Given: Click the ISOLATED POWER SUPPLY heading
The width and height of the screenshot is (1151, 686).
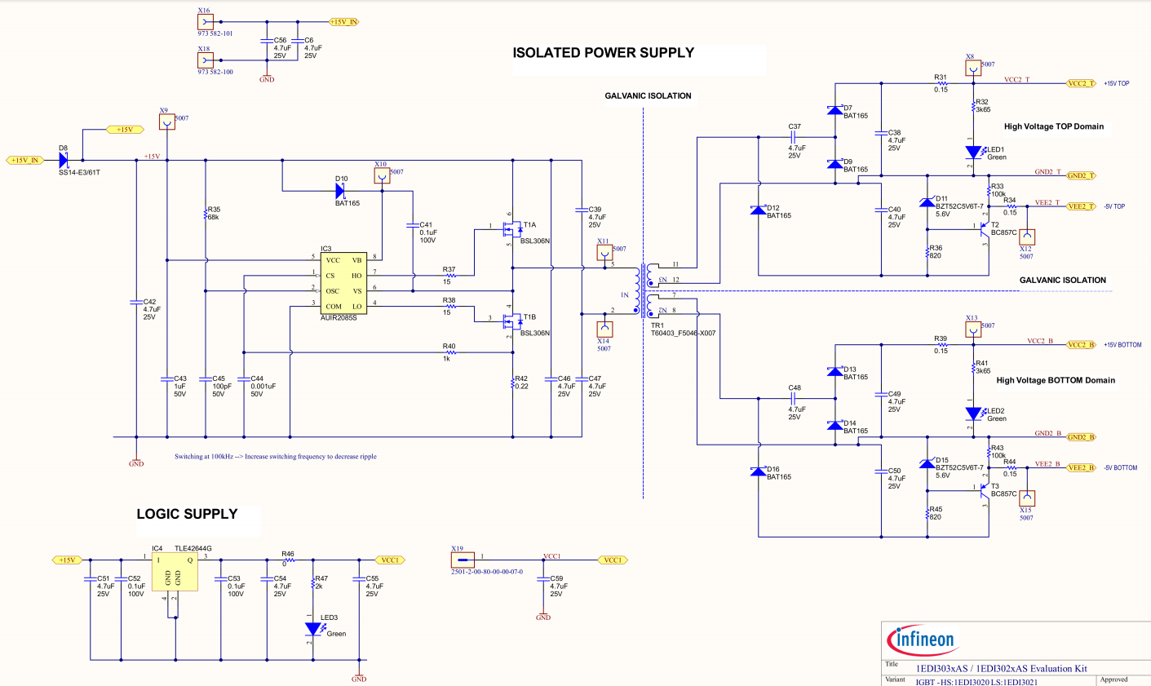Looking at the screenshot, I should (x=603, y=53).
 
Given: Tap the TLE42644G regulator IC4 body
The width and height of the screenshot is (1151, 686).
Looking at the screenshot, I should (x=175, y=572).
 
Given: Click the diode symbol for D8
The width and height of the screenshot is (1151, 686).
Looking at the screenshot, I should (x=64, y=160).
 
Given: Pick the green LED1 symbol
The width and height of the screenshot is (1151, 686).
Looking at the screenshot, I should (x=973, y=153).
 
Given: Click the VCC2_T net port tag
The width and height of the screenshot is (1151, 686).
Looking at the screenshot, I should (x=1081, y=83).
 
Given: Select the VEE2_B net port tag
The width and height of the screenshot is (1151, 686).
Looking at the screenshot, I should (x=1081, y=467).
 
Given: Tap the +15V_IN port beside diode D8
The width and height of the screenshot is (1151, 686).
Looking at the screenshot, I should (x=24, y=160).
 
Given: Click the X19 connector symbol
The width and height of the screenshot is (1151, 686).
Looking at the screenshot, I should (x=463, y=560).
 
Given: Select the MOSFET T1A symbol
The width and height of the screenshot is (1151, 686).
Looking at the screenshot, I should (x=511, y=231).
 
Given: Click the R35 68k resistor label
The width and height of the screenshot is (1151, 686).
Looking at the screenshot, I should (x=214, y=214).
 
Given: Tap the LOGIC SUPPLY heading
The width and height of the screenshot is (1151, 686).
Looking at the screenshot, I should (x=187, y=514).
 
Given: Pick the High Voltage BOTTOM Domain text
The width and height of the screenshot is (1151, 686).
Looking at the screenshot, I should (x=1055, y=380).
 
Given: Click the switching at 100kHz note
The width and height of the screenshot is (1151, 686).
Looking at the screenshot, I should (x=275, y=457).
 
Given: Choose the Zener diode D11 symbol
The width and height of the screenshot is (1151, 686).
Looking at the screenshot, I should (x=927, y=202).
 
